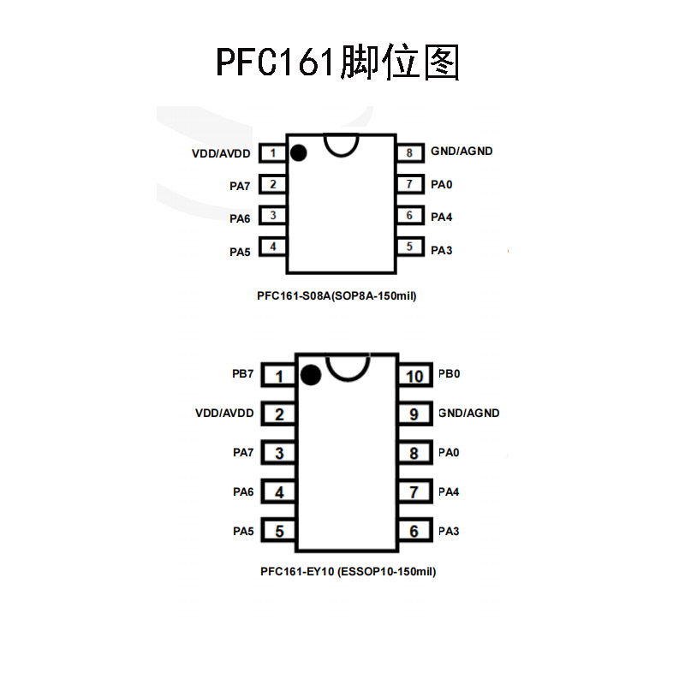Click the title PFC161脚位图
338,63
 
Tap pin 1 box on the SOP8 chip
272,152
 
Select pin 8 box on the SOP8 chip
410,152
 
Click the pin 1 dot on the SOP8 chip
299,153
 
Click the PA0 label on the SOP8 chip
442,184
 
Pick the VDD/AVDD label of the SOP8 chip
222,153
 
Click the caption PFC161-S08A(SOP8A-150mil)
337,296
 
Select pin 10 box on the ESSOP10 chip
414,376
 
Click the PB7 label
243,374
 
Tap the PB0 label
450,374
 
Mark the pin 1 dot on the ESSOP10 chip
311,374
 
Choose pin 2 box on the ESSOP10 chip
279,414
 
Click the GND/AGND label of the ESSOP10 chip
468,413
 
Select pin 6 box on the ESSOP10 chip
414,531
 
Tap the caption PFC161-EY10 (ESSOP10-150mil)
348,570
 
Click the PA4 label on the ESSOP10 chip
449,491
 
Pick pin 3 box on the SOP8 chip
272,216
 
